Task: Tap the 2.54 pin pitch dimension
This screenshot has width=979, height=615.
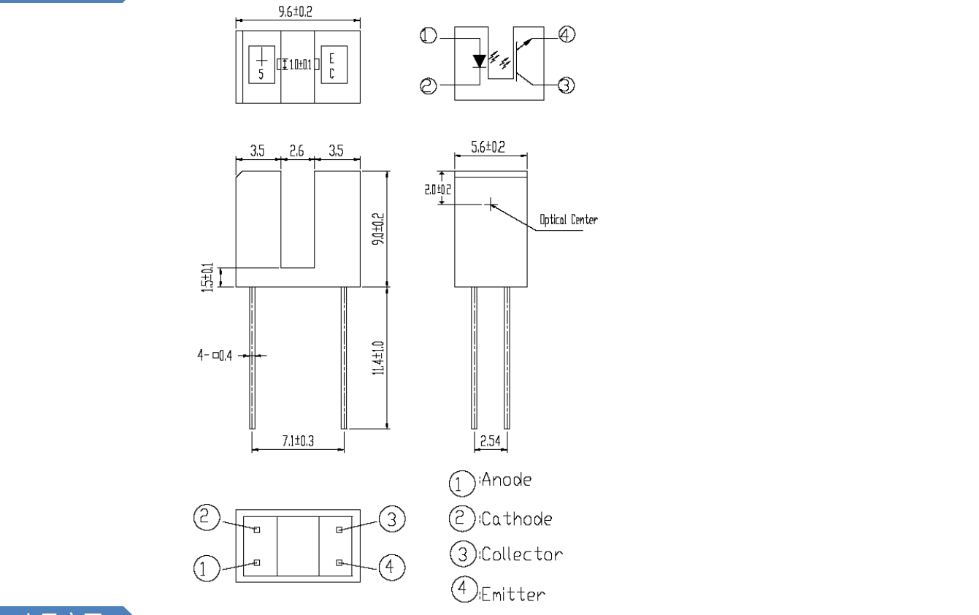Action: pyautogui.click(x=490, y=440)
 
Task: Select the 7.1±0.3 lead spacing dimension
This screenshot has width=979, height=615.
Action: pyautogui.click(x=297, y=440)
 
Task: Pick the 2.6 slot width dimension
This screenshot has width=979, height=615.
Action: pyautogui.click(x=297, y=151)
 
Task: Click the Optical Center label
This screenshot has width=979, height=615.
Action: pyautogui.click(x=568, y=220)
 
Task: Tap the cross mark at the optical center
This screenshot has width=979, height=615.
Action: pyautogui.click(x=491, y=205)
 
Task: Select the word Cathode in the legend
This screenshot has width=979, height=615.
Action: pyautogui.click(x=517, y=519)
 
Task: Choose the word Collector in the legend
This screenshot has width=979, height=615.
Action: pyautogui.click(x=521, y=554)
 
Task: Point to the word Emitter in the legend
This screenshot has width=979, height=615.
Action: pyautogui.click(x=512, y=594)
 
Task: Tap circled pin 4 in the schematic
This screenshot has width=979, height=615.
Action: pyautogui.click(x=567, y=34)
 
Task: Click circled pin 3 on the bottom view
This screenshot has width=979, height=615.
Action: pyautogui.click(x=391, y=519)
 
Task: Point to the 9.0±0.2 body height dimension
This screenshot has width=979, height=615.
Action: pyautogui.click(x=377, y=229)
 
